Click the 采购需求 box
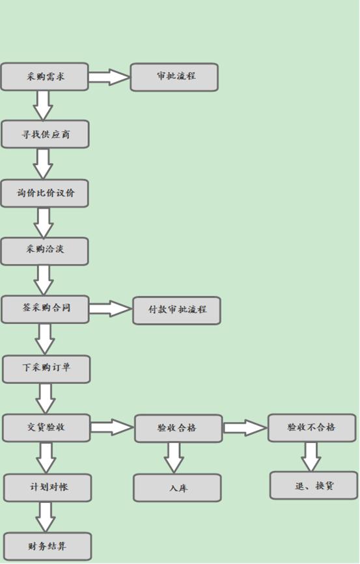click(x=44, y=77)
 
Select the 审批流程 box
click(x=174, y=77)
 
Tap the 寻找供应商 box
click(x=45, y=135)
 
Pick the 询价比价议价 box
click(x=44, y=193)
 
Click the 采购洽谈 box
click(x=44, y=251)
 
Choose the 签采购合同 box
click(x=45, y=309)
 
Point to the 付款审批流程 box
click(x=176, y=310)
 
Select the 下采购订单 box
click(x=46, y=369)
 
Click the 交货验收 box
click(x=46, y=427)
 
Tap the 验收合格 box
click(x=178, y=428)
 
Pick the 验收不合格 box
click(x=312, y=427)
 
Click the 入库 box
click(x=177, y=487)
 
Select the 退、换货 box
click(x=313, y=485)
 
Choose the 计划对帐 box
click(x=48, y=487)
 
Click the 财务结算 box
click(x=48, y=546)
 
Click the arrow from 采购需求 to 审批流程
click(x=109, y=77)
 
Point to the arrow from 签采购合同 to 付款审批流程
click(x=110, y=308)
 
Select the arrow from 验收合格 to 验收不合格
click(x=245, y=427)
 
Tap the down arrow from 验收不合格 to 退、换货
click(x=311, y=456)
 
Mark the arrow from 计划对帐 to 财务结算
click(x=46, y=517)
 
